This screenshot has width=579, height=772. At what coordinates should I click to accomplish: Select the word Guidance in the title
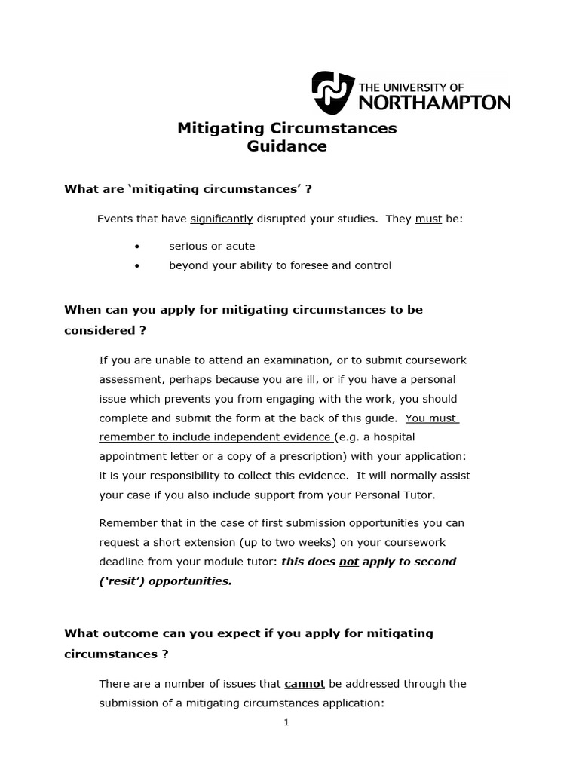[x=286, y=146]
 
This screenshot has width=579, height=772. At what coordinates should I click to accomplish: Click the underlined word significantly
[x=221, y=219]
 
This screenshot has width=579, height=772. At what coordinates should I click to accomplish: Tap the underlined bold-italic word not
[x=348, y=562]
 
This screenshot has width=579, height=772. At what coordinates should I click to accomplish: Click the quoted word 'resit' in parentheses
[x=121, y=581]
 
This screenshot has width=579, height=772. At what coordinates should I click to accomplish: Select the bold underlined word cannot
[x=305, y=684]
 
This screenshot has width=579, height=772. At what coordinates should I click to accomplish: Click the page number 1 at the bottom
[x=286, y=722]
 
